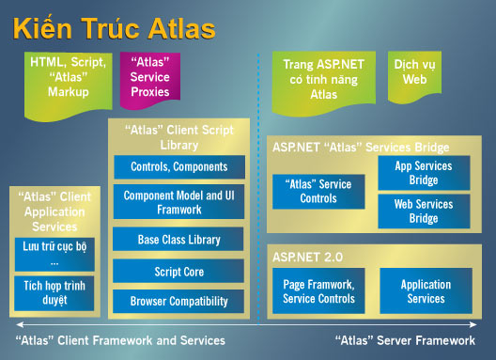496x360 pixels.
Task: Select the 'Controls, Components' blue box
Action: tap(178, 166)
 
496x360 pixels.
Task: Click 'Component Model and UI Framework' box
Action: tap(178, 201)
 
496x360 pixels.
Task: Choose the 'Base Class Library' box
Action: tap(178, 239)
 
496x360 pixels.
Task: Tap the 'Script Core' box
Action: tap(178, 271)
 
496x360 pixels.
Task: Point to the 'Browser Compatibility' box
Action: tap(178, 301)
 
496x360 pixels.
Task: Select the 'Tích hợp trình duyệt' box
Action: tap(54, 292)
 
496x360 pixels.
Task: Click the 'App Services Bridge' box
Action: tap(422, 173)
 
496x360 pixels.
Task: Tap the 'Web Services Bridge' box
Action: tap(422, 211)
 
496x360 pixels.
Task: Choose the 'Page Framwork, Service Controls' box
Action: tap(318, 291)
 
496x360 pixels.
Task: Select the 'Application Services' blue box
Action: tap(425, 291)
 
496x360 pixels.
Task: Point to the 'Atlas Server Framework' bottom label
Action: tap(404, 339)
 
